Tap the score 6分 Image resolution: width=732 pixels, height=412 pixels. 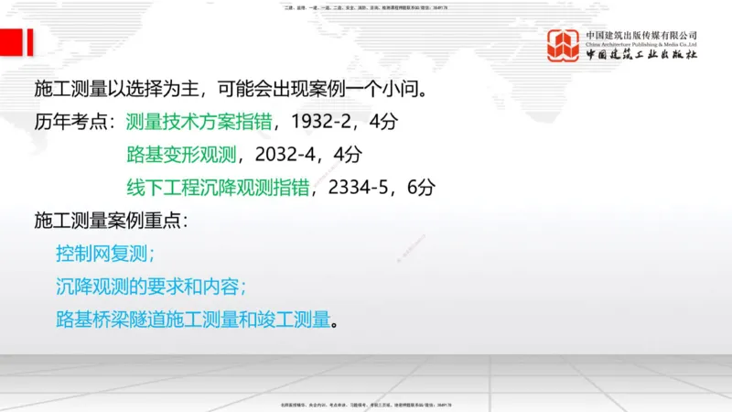[420, 187]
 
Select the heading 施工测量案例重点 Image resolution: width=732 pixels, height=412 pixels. [111, 220]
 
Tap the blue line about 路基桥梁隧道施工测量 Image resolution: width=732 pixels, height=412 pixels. [191, 320]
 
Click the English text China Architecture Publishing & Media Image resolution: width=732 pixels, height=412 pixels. [641, 43]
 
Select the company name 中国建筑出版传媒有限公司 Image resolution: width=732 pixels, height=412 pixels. [641, 35]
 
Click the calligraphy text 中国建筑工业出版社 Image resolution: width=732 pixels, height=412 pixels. [641, 55]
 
